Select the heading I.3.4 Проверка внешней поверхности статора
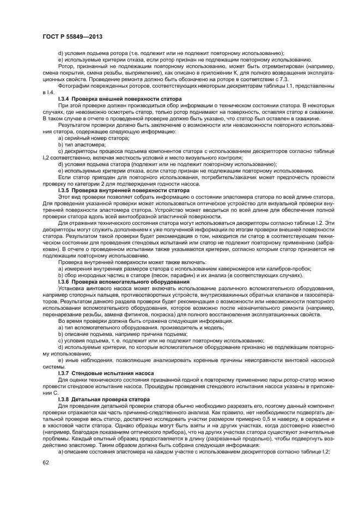[112, 98]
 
